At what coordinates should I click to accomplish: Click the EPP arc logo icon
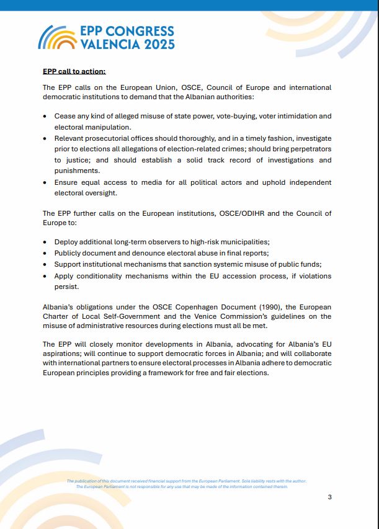click(57, 38)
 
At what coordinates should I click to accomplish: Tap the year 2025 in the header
click(159, 45)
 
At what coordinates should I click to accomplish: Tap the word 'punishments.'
click(77, 171)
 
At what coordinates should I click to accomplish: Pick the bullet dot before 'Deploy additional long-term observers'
click(45, 242)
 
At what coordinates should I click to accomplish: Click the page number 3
click(330, 496)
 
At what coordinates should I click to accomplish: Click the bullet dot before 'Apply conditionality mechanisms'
click(45, 276)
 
